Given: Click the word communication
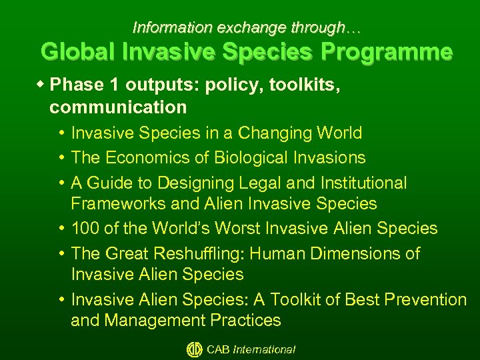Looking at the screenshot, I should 118,107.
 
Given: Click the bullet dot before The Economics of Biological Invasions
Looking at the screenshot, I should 61,157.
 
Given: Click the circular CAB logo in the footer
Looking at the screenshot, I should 194,349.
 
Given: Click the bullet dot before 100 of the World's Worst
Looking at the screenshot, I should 61,229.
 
